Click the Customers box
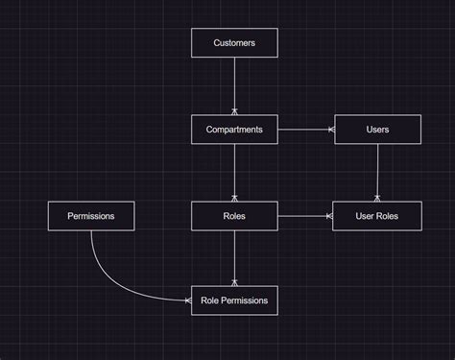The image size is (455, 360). pos(234,43)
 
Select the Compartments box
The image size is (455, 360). pos(234,130)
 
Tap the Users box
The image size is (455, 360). pos(377,130)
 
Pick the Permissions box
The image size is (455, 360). pos(91,216)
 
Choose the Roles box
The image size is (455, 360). pos(234,216)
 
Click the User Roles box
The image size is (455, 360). pos(377,216)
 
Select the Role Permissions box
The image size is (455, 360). pos(234,300)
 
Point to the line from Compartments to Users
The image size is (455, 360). pos(304,130)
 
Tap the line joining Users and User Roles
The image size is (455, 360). pos(377,173)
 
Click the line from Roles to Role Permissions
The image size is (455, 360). pos(234,256)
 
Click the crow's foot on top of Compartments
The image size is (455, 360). pos(234,111)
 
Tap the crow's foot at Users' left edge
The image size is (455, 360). pos(331,130)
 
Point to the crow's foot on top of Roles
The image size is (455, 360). pos(234,198)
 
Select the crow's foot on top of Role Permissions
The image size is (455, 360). pos(234,282)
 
